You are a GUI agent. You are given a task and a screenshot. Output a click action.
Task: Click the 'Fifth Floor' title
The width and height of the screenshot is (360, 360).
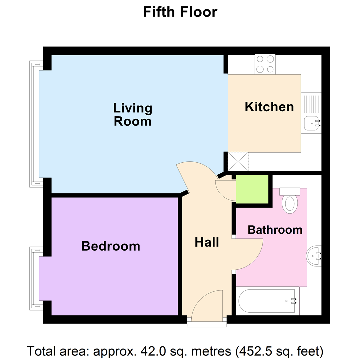click(x=180, y=12)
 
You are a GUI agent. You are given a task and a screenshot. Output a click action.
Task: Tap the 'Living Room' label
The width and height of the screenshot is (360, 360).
click(x=133, y=115)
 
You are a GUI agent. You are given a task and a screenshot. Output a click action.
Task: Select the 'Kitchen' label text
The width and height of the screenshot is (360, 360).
click(x=269, y=107)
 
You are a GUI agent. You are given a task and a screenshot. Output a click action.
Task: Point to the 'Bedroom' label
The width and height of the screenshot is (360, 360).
click(x=111, y=246)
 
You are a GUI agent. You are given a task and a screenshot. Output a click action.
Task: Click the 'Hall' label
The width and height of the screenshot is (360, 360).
click(x=207, y=242)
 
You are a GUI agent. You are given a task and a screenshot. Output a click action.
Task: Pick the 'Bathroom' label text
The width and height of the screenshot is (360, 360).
click(x=275, y=230)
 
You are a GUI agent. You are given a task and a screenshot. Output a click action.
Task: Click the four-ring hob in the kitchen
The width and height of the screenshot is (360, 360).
click(x=265, y=64)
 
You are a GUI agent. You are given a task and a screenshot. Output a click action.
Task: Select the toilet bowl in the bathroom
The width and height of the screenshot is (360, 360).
click(x=290, y=205)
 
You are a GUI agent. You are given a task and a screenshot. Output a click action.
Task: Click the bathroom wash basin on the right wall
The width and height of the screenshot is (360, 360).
click(x=314, y=256)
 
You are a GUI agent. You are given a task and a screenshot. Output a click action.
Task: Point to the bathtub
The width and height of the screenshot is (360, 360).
click(x=267, y=301)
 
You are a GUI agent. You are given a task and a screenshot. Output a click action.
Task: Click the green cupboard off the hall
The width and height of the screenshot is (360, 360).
click(x=252, y=189)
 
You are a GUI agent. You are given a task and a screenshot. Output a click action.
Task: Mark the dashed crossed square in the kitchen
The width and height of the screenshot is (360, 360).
click(x=238, y=161)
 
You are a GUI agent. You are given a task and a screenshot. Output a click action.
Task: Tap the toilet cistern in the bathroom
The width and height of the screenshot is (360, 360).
click(x=290, y=192)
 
